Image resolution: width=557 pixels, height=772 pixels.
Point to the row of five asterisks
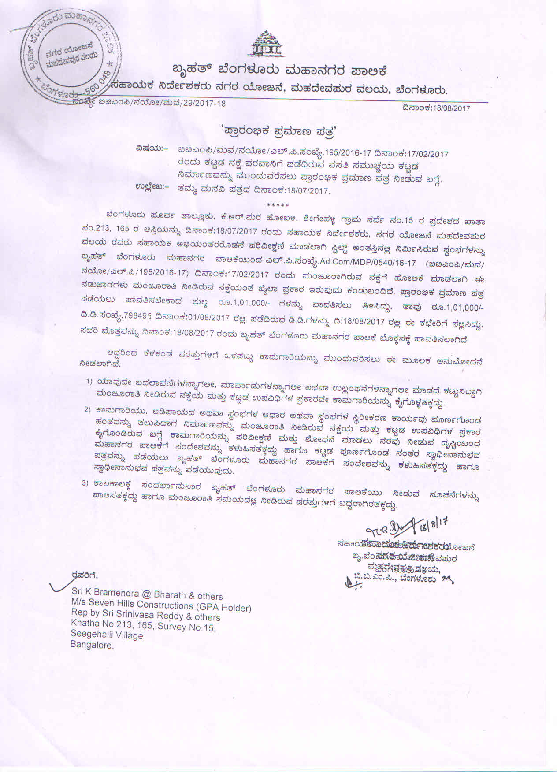click(x=278, y=205)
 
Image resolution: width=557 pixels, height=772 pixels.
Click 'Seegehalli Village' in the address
click(x=107, y=635)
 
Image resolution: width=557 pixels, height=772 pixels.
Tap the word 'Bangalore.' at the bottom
click(x=92, y=645)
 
